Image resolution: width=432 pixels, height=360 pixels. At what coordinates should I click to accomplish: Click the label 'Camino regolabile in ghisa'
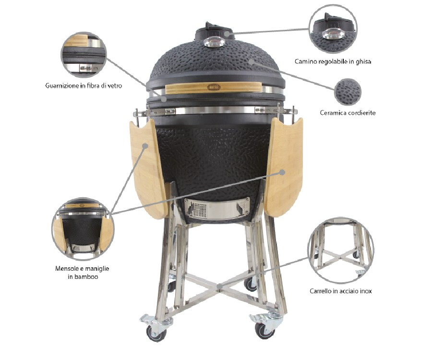point(333,61)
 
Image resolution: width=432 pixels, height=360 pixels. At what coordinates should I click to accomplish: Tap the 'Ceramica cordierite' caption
point(348,113)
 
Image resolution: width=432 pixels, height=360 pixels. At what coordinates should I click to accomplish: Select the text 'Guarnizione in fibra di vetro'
point(84,85)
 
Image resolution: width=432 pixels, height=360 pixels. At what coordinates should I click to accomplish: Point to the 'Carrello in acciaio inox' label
point(340,291)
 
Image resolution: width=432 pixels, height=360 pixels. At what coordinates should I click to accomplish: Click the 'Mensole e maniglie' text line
point(82,268)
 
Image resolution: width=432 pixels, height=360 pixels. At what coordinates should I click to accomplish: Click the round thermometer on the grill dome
point(215,42)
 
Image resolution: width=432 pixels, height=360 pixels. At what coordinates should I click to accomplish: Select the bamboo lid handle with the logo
point(214,87)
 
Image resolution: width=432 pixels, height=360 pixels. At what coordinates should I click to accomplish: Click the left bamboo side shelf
point(148,168)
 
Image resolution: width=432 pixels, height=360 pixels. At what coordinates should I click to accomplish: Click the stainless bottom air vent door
point(217,208)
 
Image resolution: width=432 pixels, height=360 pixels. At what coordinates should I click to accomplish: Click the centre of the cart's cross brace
point(219,287)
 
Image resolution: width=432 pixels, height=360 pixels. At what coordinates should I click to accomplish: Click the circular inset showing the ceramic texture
point(348,92)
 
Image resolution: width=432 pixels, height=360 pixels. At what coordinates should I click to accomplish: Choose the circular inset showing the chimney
point(333,29)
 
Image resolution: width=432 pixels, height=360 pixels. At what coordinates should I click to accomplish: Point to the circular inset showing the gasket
point(83,55)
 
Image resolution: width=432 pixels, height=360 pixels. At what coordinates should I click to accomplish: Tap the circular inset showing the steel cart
point(341,250)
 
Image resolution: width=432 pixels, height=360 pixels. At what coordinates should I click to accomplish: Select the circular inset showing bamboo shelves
point(83,229)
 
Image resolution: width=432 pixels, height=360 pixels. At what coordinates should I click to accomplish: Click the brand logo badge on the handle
point(214,87)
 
